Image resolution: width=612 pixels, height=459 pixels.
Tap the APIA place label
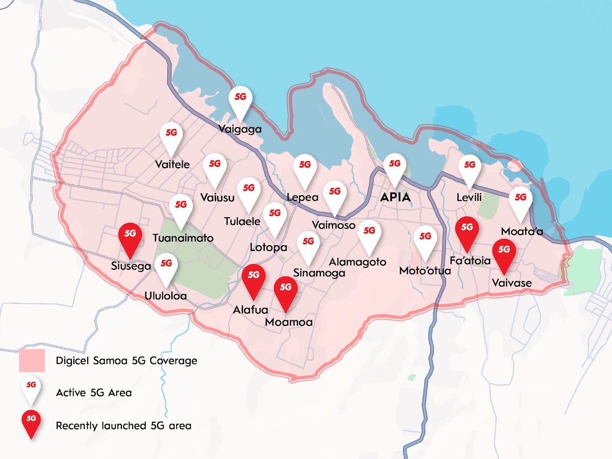pos(396,197)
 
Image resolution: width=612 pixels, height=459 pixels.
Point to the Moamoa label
pos(289,322)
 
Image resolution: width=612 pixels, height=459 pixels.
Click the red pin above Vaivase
pos(504,254)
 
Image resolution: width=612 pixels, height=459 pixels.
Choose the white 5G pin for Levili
pos(470,170)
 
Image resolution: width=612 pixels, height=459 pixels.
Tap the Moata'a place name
pos(522,232)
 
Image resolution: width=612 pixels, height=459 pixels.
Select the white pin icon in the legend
pos(31,390)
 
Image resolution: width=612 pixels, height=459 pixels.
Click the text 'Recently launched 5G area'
pos(123,425)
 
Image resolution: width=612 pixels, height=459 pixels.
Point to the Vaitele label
pos(172,164)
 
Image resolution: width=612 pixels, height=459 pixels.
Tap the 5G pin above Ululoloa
pos(166,268)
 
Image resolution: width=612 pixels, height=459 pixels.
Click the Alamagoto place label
pos(358,262)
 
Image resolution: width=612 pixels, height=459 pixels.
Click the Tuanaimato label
pos(183,238)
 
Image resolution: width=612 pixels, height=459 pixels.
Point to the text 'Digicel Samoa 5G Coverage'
pos(126,361)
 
